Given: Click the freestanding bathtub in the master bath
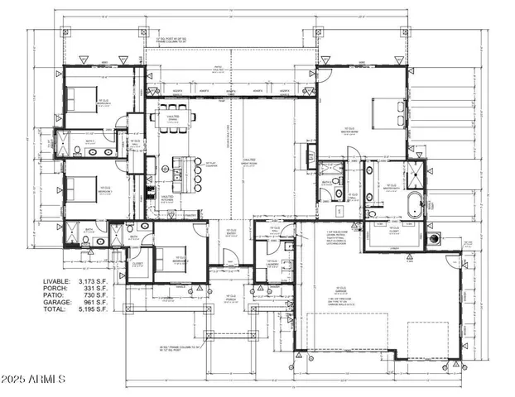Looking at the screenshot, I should pyautogui.click(x=414, y=204).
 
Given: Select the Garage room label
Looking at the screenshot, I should pyautogui.click(x=340, y=289).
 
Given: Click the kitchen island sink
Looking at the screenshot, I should pyautogui.click(x=179, y=174).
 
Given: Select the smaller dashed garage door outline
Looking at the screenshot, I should pyautogui.click(x=427, y=339).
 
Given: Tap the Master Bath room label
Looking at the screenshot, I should pyautogui.click(x=387, y=187).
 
